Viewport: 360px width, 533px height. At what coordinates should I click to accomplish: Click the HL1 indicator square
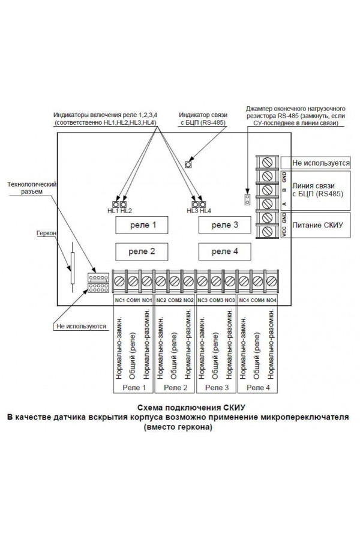tap(116, 204)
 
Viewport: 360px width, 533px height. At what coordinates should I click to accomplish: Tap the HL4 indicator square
tap(203, 204)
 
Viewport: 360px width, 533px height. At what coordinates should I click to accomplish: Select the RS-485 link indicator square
tap(188, 164)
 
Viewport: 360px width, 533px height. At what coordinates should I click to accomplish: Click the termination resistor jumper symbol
tap(247, 199)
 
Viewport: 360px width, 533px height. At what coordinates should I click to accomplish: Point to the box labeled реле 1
tap(142, 225)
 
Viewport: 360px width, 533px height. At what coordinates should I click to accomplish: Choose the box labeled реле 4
tap(225, 251)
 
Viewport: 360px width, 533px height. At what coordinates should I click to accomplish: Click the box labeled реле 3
tap(225, 225)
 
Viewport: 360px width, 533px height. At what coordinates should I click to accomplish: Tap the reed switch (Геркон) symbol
tap(72, 267)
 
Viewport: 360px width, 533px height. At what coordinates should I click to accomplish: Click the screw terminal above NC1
tap(119, 281)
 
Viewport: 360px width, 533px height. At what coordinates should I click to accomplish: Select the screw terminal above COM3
tap(216, 281)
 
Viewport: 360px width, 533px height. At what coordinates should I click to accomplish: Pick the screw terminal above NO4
tap(271, 281)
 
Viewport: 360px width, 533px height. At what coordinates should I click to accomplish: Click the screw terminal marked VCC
tap(267, 232)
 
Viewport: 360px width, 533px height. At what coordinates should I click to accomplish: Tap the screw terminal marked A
tap(267, 204)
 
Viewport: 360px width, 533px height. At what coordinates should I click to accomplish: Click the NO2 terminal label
tap(188, 300)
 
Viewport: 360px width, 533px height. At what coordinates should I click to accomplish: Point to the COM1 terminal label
tap(133, 300)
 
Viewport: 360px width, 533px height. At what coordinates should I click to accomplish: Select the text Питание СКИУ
tap(317, 225)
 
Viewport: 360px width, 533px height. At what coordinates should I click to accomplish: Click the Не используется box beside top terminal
tap(316, 163)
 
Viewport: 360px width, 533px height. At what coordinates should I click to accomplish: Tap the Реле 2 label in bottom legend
tap(175, 388)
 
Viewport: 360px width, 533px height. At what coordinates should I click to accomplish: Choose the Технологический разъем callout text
tap(32, 188)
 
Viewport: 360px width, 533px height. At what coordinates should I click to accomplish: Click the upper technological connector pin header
tap(98, 278)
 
